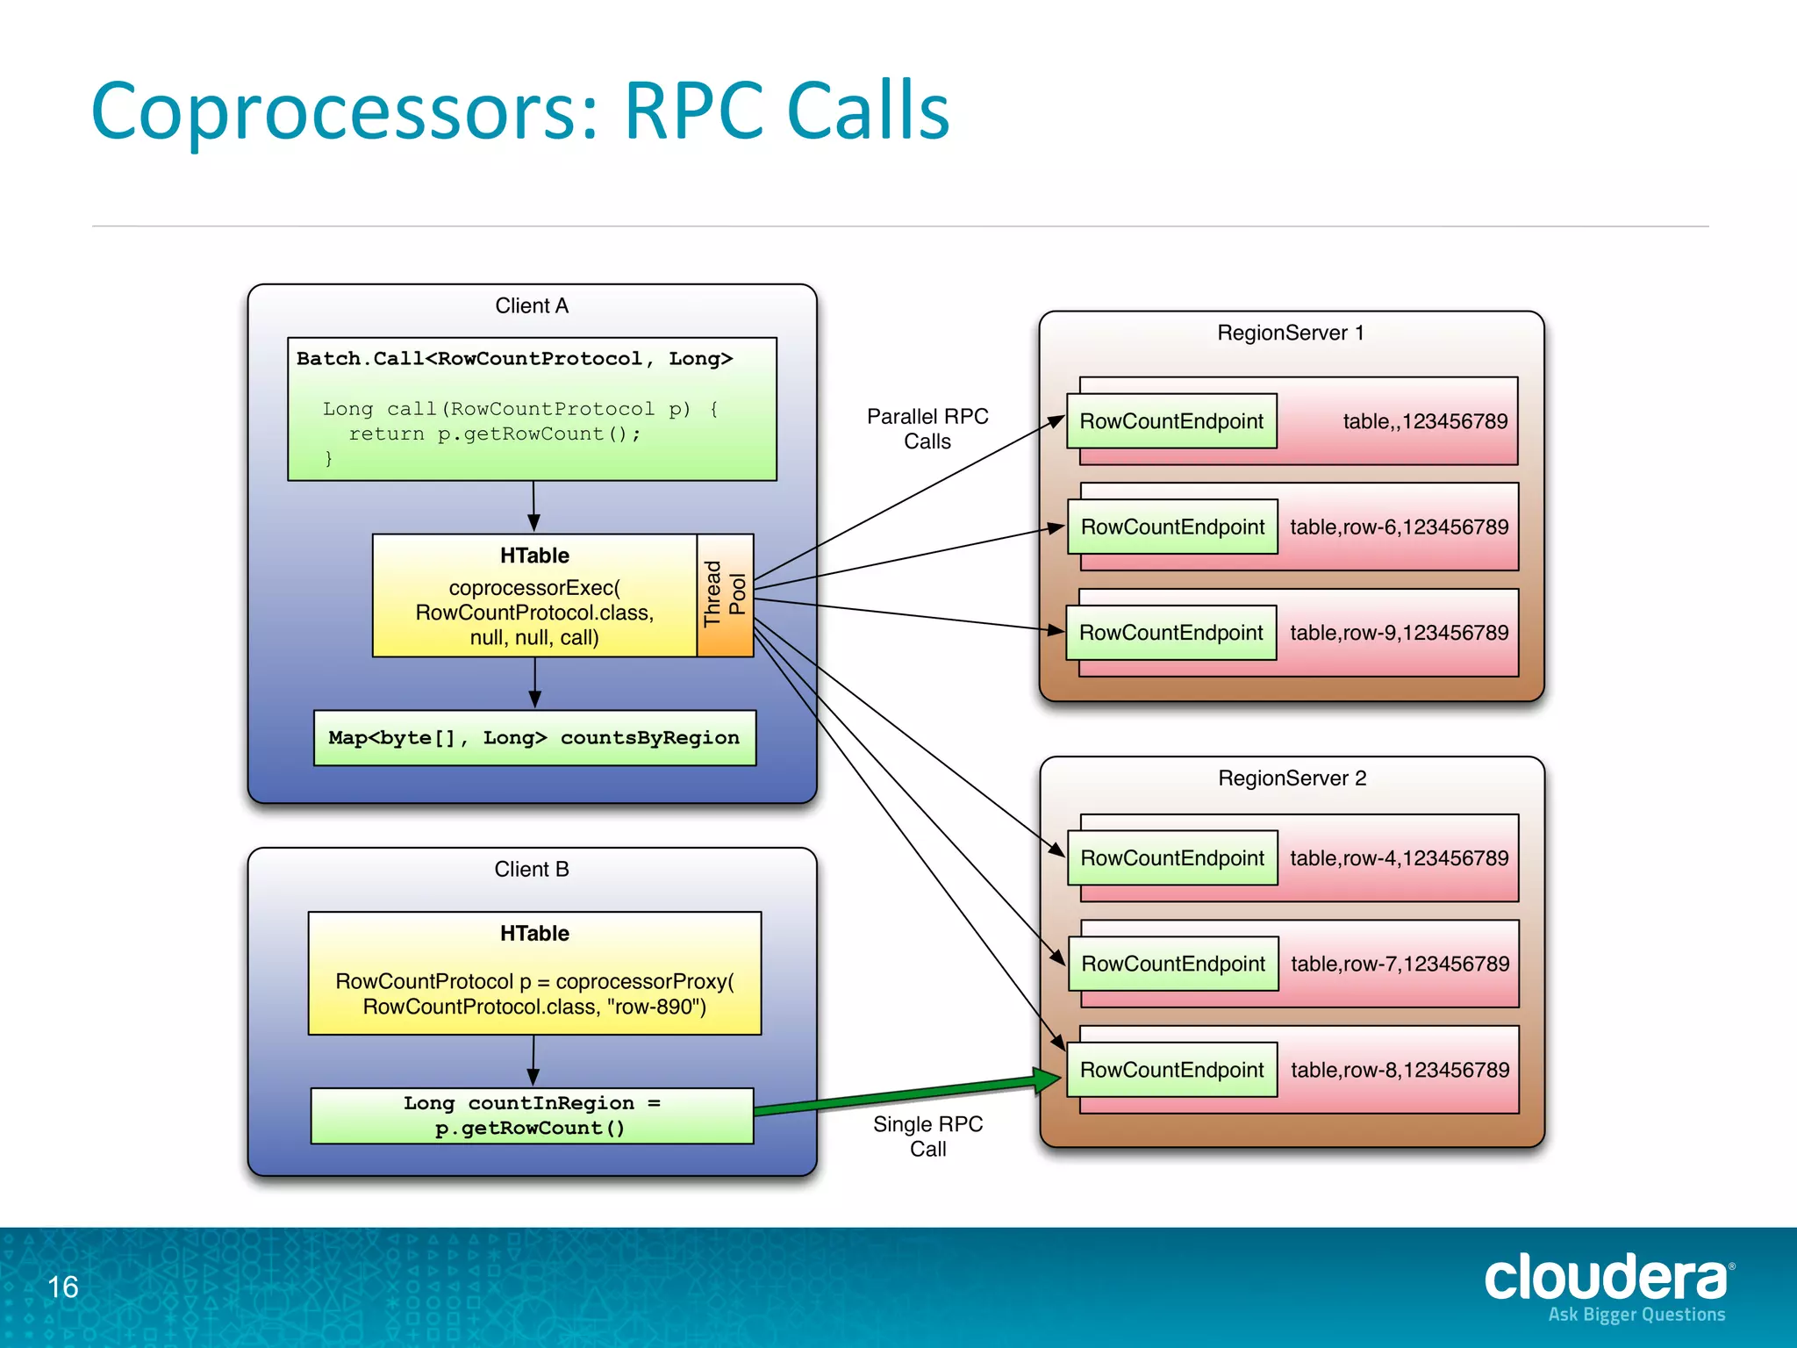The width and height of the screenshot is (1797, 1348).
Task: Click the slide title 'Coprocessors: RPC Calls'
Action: click(520, 111)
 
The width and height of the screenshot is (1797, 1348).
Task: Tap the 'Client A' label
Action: click(532, 305)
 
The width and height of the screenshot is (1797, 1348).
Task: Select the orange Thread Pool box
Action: click(725, 594)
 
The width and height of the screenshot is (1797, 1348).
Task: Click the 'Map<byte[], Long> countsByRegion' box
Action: click(534, 738)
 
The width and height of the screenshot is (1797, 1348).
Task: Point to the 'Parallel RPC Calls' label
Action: click(927, 428)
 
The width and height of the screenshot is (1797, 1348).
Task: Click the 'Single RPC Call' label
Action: click(927, 1136)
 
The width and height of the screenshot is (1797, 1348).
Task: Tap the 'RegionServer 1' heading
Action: click(1290, 333)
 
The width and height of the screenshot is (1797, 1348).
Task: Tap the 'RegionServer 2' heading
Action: click(1292, 778)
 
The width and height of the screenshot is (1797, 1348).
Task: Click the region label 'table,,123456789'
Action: click(1424, 421)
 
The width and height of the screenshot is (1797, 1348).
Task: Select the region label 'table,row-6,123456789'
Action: click(1399, 527)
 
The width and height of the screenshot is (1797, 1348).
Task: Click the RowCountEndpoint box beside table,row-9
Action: click(1171, 633)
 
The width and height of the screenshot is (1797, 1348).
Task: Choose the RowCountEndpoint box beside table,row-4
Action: click(1171, 857)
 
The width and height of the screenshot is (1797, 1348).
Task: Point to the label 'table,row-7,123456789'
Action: click(1400, 964)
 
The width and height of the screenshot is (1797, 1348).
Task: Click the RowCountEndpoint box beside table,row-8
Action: click(1171, 1070)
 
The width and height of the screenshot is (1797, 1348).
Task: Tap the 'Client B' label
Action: click(532, 869)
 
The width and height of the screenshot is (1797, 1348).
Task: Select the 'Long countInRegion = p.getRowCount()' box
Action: click(532, 1115)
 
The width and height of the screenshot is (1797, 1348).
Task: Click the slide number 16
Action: click(63, 1287)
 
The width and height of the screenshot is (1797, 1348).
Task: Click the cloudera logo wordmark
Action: click(1605, 1278)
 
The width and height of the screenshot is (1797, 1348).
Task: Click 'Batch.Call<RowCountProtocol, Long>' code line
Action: click(514, 358)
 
